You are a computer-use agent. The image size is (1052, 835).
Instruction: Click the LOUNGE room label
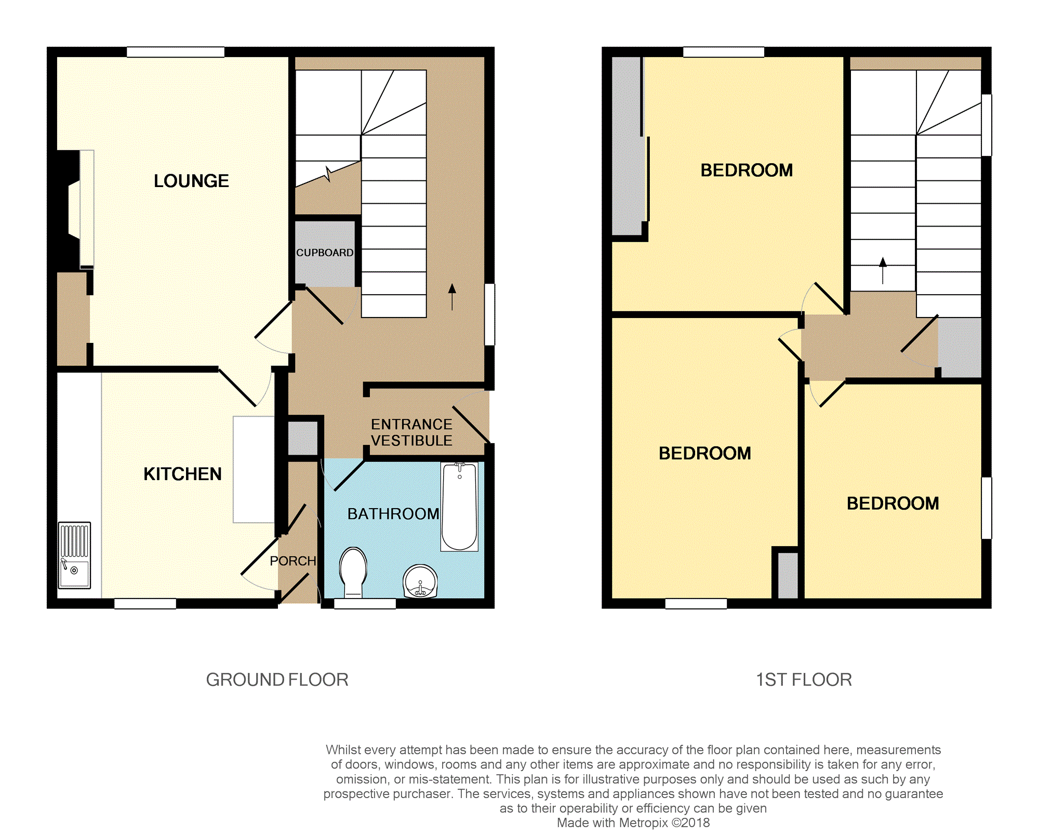(x=191, y=181)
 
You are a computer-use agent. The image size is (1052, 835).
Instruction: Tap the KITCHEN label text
(x=182, y=474)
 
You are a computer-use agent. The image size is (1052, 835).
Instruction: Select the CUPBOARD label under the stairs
(x=325, y=253)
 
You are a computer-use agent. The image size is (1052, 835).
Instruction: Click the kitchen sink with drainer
(x=74, y=555)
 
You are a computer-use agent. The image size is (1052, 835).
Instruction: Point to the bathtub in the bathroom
(x=459, y=507)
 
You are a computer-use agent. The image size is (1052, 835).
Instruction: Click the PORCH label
(x=293, y=561)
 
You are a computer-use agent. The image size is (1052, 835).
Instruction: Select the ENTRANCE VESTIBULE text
(x=411, y=432)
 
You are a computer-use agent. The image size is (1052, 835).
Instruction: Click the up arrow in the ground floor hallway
(x=452, y=297)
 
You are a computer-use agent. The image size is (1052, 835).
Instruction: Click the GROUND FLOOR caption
(x=277, y=680)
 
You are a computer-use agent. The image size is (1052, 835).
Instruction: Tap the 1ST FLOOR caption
(x=804, y=680)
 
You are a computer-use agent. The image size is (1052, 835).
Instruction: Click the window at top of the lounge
(x=176, y=52)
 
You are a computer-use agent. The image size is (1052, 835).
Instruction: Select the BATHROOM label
(x=393, y=514)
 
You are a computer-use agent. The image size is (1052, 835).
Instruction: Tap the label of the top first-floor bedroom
(x=747, y=170)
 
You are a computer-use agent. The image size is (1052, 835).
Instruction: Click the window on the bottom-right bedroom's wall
(x=986, y=508)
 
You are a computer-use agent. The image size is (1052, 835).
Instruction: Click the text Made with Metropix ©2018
(x=633, y=823)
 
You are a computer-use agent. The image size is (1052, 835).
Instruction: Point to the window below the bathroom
(x=365, y=604)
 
